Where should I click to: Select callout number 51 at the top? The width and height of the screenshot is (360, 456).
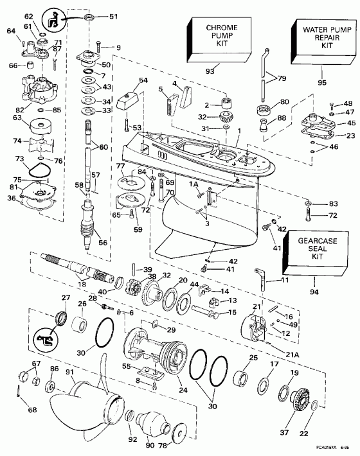95,16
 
